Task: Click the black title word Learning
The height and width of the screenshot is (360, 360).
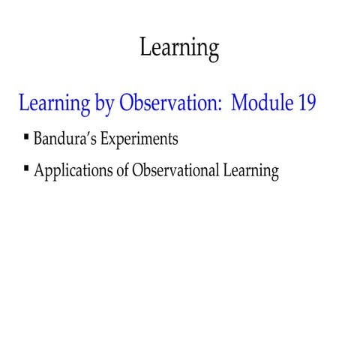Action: click(x=179, y=48)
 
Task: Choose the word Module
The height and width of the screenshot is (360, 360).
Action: click(x=263, y=103)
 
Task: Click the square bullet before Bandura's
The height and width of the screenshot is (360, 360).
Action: click(x=26, y=137)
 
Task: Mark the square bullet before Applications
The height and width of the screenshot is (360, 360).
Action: click(x=26, y=169)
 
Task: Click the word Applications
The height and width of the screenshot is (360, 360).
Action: click(x=70, y=172)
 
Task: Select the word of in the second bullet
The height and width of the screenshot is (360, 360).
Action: click(x=121, y=171)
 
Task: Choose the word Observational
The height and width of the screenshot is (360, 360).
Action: click(x=176, y=171)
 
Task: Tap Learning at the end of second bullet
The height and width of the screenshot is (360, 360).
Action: click(x=251, y=172)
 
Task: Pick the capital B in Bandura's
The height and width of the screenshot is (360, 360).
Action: click(x=38, y=139)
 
